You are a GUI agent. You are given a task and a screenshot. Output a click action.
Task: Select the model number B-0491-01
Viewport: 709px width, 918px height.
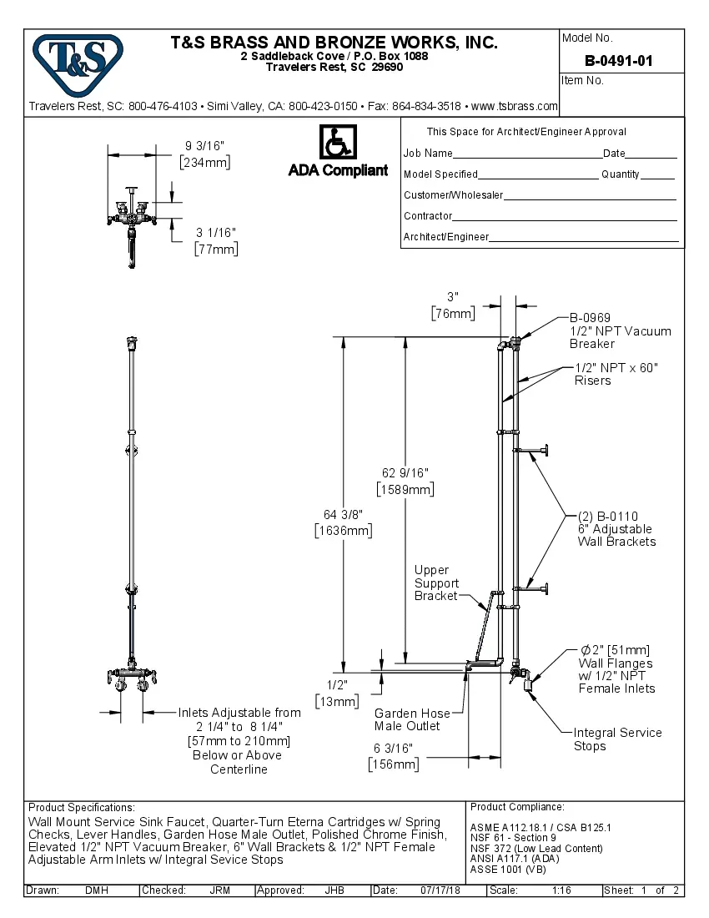tap(618, 61)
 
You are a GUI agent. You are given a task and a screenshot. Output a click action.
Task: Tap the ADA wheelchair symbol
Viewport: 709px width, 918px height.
tap(338, 142)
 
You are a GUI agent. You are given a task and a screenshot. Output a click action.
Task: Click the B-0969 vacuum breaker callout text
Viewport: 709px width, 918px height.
tap(620, 330)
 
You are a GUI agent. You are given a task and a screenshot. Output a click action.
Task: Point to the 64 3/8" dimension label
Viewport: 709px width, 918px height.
tap(343, 522)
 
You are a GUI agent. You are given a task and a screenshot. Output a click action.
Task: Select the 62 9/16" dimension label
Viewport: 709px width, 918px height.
tap(405, 482)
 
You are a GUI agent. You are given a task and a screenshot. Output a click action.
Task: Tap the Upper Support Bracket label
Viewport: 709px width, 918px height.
tap(436, 583)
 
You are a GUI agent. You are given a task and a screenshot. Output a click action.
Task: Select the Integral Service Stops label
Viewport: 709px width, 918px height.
tap(617, 739)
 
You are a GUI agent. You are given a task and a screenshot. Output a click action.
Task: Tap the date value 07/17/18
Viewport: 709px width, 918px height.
tap(442, 890)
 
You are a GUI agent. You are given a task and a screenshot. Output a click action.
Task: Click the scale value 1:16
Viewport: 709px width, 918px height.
tap(561, 890)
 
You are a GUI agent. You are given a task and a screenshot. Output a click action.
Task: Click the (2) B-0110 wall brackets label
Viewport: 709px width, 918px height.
tap(616, 528)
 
